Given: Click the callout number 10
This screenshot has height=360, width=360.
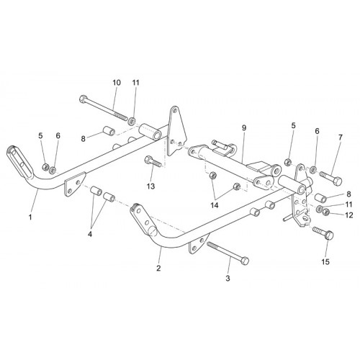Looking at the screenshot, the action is click(117, 83).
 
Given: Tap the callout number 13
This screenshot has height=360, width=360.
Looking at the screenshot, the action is click(151, 186).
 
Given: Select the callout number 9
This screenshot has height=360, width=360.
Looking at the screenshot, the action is click(244, 128).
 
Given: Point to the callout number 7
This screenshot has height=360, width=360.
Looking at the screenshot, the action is click(341, 138).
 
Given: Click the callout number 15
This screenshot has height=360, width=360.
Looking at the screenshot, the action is click(325, 262).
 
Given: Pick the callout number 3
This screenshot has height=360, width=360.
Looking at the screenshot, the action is click(228, 279).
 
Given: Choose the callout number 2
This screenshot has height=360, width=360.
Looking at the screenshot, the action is click(158, 268).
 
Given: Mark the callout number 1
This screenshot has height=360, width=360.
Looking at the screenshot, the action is click(30, 217).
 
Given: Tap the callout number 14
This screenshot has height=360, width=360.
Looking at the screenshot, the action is click(215, 205).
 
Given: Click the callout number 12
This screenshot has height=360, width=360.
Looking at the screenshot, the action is click(348, 215).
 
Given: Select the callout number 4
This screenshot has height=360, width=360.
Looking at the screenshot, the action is click(90, 234).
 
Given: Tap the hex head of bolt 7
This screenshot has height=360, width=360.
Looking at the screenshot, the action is click(338, 181).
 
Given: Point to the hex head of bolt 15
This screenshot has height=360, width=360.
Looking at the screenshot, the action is click(330, 235).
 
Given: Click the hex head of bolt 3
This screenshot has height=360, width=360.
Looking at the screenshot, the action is click(245, 261).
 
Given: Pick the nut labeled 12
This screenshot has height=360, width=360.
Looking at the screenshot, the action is click(325, 212).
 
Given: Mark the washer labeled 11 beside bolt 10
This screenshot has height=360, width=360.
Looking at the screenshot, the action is click(131, 122).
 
